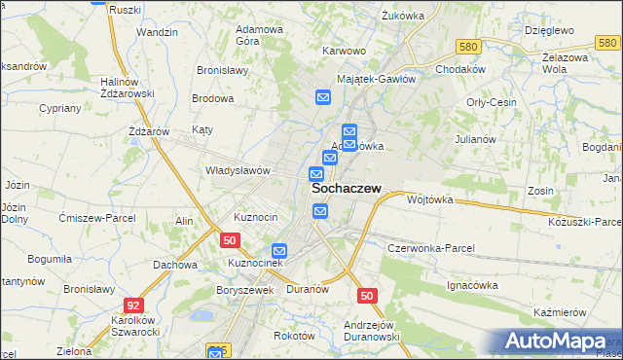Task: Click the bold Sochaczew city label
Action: tap(346, 191)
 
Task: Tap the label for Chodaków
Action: tap(460, 70)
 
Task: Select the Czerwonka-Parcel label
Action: tap(430, 248)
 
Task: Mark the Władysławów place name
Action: tap(237, 169)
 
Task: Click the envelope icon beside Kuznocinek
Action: tap(279, 250)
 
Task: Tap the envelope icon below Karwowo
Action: tap(323, 96)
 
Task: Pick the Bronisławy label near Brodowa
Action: tap(223, 70)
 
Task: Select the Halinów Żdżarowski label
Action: tap(128, 88)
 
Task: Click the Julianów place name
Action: tap(475, 138)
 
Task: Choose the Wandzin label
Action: tap(157, 32)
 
